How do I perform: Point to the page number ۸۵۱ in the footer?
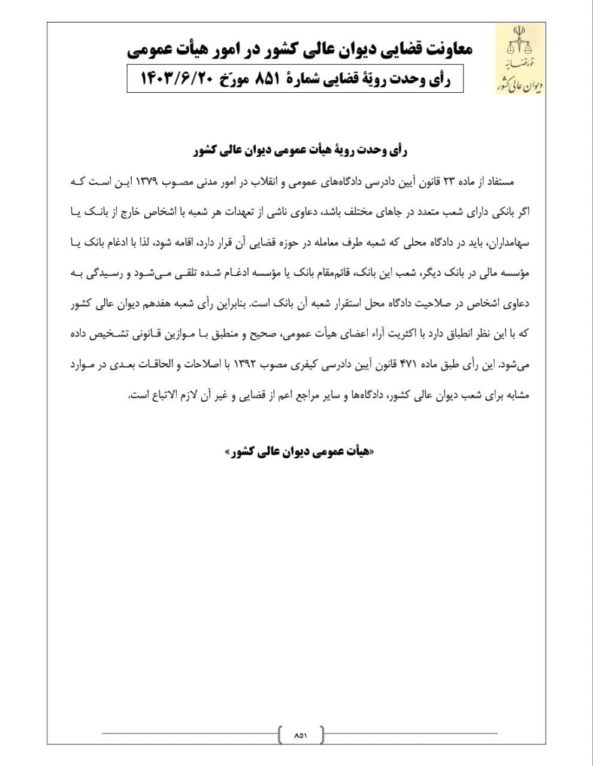click(x=301, y=734)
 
